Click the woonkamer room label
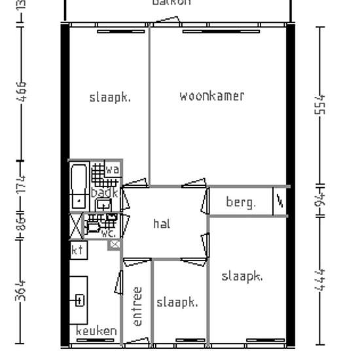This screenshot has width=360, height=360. pos(212,96)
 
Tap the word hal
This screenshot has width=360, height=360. pos(162,224)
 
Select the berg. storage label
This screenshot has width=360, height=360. pos(241,202)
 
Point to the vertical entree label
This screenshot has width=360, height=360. pos(137,306)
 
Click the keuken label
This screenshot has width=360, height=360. pos(96,331)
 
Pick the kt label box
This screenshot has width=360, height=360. pos(78,249)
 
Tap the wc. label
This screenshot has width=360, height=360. pos(109,232)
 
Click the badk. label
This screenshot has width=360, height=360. pos(104,193)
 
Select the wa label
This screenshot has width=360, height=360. pos(112,170)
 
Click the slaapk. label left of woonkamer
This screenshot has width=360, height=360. pos(110,98)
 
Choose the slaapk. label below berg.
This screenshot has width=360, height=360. pos(242,276)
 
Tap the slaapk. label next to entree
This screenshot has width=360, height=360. pos(177,302)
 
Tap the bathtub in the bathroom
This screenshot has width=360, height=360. pos(79,185)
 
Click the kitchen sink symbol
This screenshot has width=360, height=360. pos(79,300)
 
